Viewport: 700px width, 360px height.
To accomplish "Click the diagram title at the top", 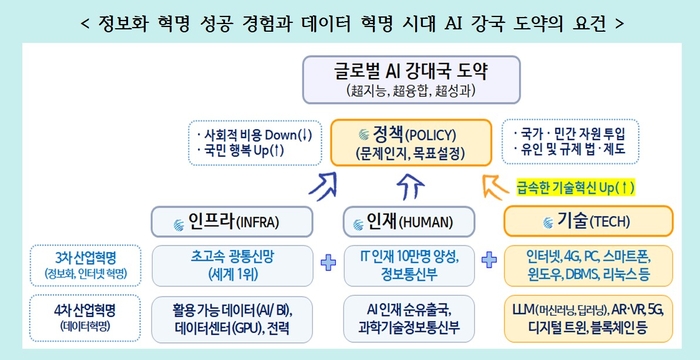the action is (350, 20).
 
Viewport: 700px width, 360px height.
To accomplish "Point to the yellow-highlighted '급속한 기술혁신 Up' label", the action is (575, 187).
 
